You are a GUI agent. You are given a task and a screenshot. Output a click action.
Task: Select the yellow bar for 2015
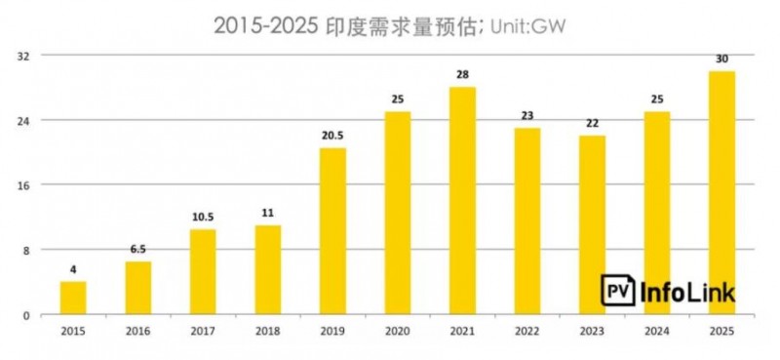[73, 298]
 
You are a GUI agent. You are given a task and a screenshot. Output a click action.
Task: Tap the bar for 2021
[462, 200]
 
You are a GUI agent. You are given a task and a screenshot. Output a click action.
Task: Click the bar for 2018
[268, 270]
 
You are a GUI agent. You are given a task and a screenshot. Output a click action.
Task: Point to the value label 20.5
[332, 136]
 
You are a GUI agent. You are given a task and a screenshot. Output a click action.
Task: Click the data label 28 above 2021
[462, 75]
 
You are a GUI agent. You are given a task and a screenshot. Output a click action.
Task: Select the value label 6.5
[137, 249]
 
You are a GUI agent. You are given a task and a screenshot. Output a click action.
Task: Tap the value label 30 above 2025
[721, 59]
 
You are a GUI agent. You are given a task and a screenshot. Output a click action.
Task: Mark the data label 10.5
[203, 217]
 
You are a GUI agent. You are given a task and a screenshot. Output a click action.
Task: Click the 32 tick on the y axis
[27, 56]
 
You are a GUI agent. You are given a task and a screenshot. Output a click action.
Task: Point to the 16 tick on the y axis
[27, 185]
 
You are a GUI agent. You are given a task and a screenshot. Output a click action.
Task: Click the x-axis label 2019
[332, 331]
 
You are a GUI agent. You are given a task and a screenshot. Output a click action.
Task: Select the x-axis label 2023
[592, 331]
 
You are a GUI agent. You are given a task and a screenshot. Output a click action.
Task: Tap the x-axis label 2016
[137, 331]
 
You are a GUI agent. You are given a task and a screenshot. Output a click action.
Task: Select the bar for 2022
[527, 221]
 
